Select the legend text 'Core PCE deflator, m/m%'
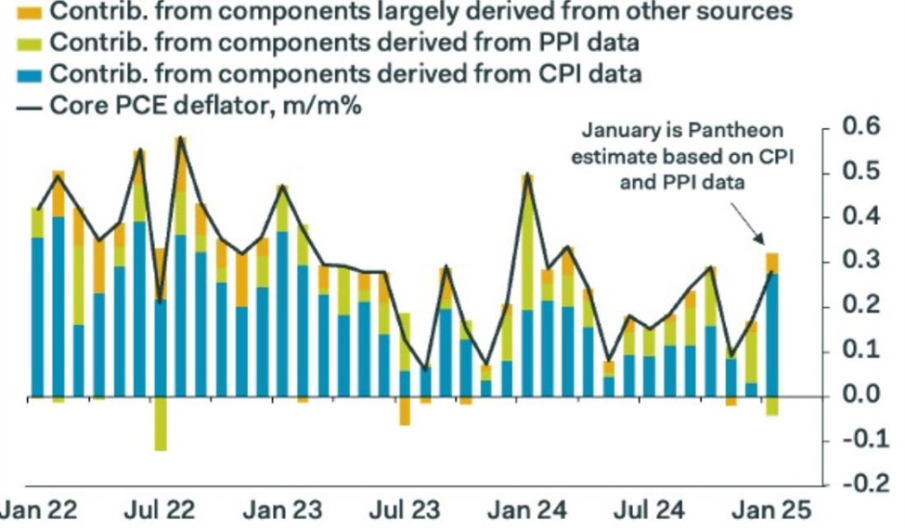click(x=204, y=105)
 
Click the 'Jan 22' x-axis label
click(x=39, y=510)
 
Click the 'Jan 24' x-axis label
click(x=525, y=510)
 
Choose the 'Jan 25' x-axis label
click(x=769, y=510)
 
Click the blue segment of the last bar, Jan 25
click(x=772, y=334)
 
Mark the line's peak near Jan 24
click(x=527, y=174)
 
